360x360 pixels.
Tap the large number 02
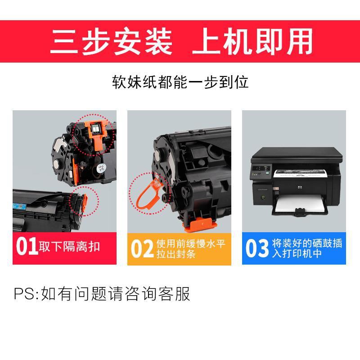coord(142,248)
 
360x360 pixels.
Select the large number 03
coord(257,248)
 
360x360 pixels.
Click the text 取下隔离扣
coord(69,247)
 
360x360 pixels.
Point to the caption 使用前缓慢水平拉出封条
coord(191,249)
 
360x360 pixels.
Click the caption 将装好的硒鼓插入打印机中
coord(307,248)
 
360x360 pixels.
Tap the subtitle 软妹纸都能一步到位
coord(180,82)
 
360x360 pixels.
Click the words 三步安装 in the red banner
coord(111,41)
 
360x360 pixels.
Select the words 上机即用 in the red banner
coord(252,41)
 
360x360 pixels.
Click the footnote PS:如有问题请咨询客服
coord(102,293)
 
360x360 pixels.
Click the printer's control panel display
coord(257,168)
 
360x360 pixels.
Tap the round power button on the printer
coord(262,197)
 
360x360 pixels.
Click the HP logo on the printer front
coord(300,188)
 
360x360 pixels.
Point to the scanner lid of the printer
coord(297,153)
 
